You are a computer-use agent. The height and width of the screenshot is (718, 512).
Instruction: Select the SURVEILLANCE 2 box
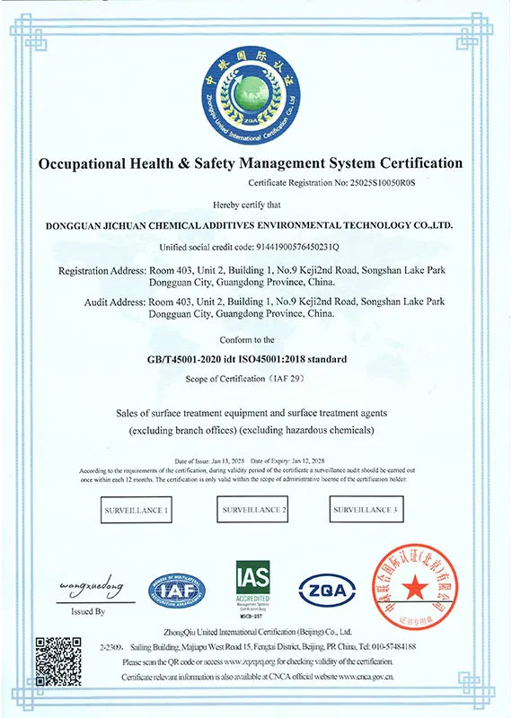(255, 510)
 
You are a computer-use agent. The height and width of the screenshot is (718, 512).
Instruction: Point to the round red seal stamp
(414, 588)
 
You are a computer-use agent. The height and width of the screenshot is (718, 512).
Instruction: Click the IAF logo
(177, 590)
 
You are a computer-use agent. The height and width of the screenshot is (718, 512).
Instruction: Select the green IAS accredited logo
(253, 588)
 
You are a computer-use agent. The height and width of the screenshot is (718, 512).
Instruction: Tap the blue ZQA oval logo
(328, 590)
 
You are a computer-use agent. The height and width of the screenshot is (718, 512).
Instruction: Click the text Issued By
(87, 611)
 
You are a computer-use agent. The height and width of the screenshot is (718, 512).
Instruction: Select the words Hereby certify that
(255, 205)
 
